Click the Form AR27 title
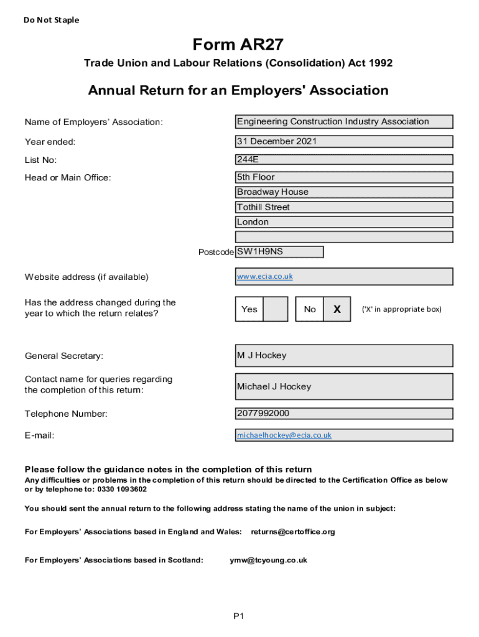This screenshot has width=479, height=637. (x=238, y=44)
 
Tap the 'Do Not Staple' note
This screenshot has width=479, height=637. (x=52, y=20)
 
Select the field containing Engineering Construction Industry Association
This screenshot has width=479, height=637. (x=343, y=122)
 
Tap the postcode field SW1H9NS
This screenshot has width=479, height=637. (x=279, y=252)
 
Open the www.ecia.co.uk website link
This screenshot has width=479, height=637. (x=264, y=276)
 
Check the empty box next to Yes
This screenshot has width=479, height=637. (x=276, y=309)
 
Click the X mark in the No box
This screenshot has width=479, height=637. (x=337, y=309)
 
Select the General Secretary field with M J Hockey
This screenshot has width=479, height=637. (x=343, y=356)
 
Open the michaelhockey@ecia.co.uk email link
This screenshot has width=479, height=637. (x=284, y=435)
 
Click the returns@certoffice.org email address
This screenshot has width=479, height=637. (x=292, y=532)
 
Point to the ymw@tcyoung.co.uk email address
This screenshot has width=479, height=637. (x=268, y=560)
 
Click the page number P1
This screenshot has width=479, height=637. (x=239, y=616)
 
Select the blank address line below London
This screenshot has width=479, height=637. (x=343, y=237)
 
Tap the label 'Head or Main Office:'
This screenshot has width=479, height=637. (x=68, y=178)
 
